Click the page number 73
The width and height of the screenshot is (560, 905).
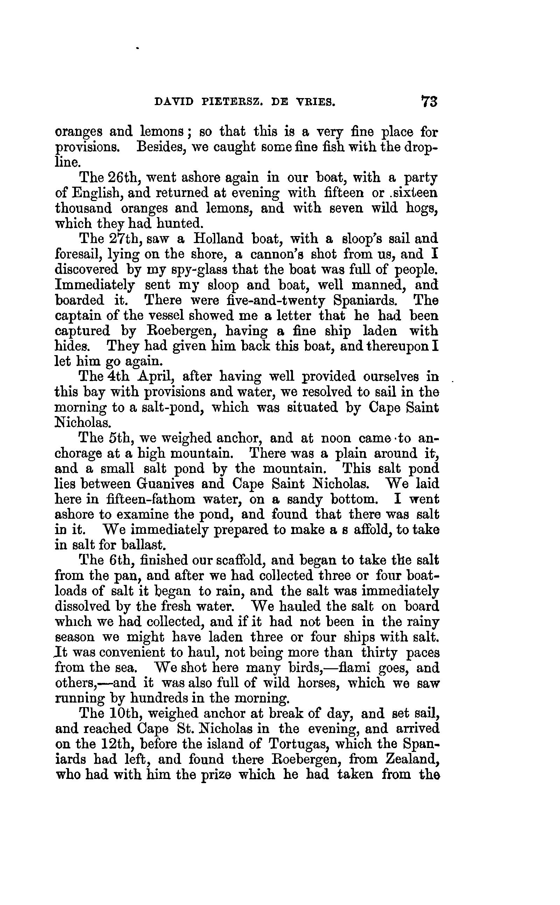tap(429, 101)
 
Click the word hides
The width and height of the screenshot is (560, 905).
tap(72, 346)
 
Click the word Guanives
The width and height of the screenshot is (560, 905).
tap(165, 484)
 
